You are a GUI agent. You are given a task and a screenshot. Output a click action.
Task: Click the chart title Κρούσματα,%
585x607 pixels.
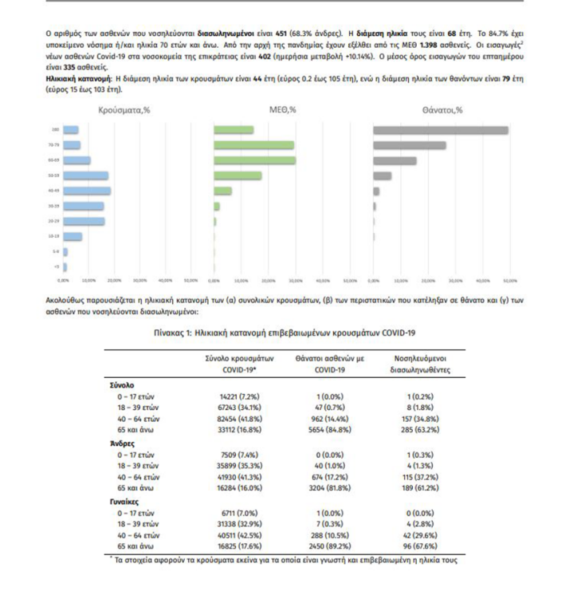pos(124,110)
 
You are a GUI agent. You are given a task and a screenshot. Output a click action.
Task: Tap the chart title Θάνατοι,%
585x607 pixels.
pos(442,110)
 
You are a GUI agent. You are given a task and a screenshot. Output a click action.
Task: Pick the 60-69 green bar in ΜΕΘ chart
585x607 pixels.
pos(255,160)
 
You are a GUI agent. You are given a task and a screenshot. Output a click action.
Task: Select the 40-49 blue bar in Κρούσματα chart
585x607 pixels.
pos(87,191)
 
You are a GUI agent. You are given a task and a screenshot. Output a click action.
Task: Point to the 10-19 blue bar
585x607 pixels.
pos(73,236)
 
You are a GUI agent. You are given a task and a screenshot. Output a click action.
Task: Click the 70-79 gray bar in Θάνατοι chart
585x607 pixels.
pos(410,145)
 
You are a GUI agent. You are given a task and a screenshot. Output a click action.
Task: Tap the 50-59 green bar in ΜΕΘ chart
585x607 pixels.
pos(238,175)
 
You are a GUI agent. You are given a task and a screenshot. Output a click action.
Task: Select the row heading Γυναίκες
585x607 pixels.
pos(126,501)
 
